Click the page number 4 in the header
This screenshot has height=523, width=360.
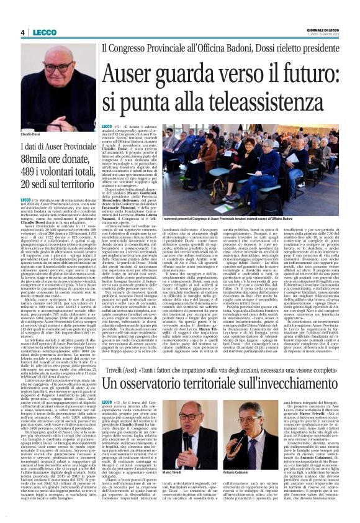22,32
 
